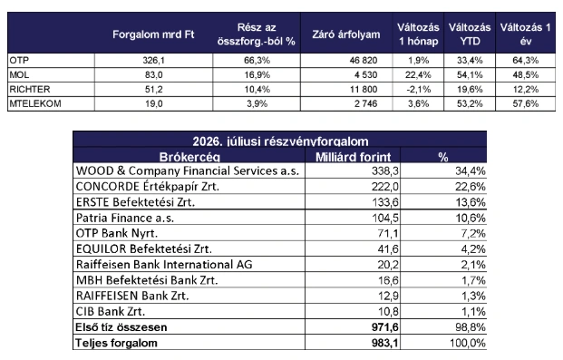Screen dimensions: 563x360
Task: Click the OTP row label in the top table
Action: tap(19, 61)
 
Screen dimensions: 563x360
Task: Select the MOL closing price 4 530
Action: tap(364, 74)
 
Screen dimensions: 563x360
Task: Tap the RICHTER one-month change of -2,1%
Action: tap(418, 89)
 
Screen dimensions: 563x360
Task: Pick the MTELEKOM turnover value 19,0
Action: tap(154, 104)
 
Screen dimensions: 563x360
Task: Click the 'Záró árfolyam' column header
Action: tap(346, 34)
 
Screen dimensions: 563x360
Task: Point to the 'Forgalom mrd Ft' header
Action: tap(153, 34)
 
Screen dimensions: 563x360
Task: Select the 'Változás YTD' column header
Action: tap(470, 34)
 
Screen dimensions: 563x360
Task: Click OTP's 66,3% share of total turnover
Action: tap(257, 61)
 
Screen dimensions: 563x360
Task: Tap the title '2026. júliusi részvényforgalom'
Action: tap(280, 141)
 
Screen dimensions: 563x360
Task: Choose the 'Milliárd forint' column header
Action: tap(353, 157)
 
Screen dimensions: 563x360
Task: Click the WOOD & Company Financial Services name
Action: tap(188, 171)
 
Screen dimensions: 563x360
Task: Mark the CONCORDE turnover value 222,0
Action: tap(385, 187)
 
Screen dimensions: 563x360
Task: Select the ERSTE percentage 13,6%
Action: tap(471, 202)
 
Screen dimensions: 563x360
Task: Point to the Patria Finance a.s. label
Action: tap(125, 218)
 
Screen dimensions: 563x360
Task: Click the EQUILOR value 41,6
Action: tap(388, 249)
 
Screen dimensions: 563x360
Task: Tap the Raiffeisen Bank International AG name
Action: tap(164, 265)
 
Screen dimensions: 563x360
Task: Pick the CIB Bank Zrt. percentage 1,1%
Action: tap(473, 312)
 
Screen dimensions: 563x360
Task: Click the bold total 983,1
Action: tap(385, 343)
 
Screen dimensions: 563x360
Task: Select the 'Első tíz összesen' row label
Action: tap(121, 327)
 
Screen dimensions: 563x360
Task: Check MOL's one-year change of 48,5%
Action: tap(526, 74)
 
